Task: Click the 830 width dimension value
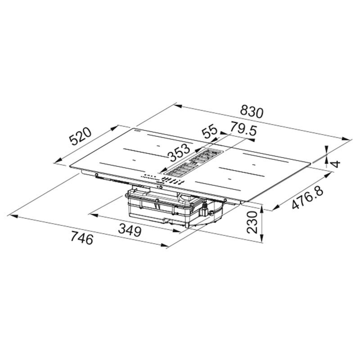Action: tap(251, 111)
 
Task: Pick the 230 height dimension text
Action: tap(254, 222)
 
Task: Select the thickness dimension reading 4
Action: tap(335, 163)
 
